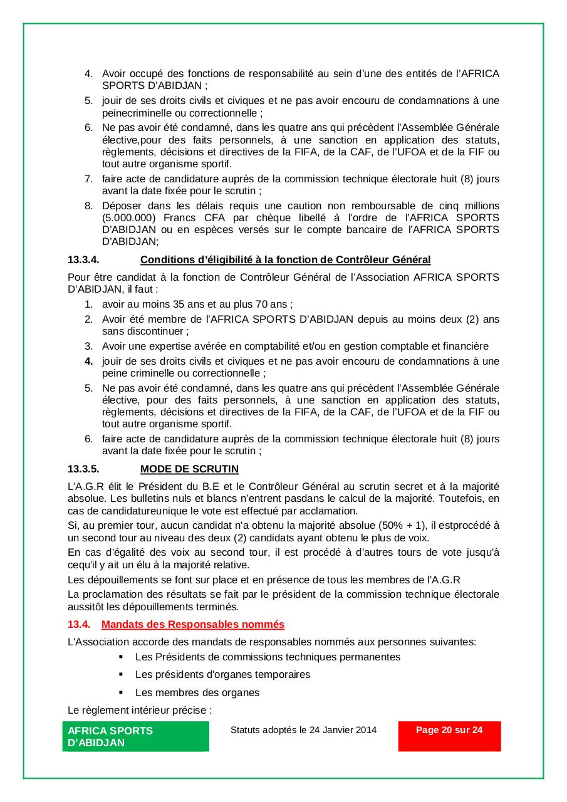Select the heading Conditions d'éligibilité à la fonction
coord(285,259)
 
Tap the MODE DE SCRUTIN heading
coord(189,469)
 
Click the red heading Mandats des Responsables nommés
coord(193,624)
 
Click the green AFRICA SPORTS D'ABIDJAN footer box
coord(135,736)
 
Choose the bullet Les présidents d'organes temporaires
coord(222,674)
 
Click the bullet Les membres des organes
coord(197,692)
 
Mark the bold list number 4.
coord(89,361)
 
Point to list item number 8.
coord(89,206)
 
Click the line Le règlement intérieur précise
coord(140,711)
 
